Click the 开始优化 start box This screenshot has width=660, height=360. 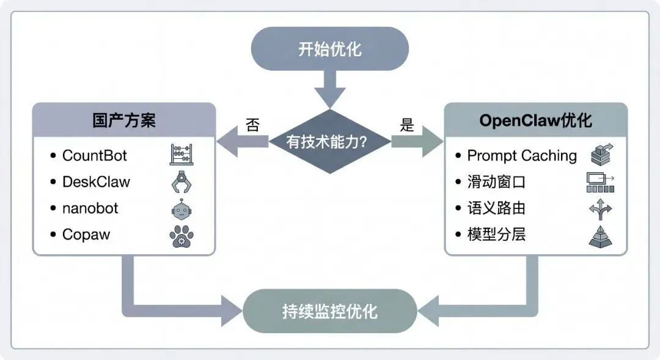pos(330,50)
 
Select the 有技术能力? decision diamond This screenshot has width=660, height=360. pos(330,142)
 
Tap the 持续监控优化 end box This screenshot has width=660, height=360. pos(330,311)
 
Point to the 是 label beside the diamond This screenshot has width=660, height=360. pos(407,125)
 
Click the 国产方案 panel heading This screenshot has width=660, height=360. pos(124,120)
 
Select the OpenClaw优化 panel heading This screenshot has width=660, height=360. pos(535,120)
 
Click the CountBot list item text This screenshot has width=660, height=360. pos(95,155)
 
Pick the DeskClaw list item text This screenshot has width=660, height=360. pos(96,182)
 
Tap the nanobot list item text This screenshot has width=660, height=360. pos(90,208)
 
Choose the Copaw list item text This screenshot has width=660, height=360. pos(86,234)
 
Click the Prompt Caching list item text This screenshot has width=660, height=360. pos(522,155)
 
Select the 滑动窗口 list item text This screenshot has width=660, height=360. pos(496,182)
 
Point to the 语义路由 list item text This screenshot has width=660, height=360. pos(496,208)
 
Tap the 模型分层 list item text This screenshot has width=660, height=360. pos(496,234)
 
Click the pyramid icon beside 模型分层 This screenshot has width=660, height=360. pos(600,235)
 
